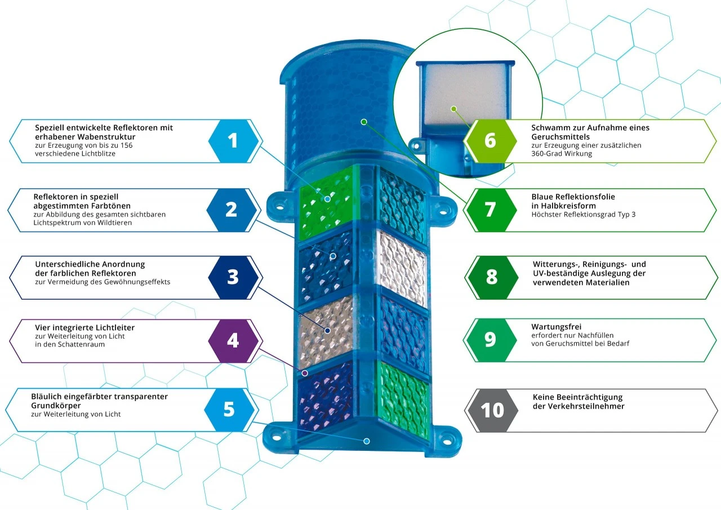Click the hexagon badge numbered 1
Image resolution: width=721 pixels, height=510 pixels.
(x=233, y=141)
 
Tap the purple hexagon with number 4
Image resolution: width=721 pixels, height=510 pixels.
(x=233, y=340)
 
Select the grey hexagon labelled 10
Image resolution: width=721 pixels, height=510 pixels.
(x=492, y=410)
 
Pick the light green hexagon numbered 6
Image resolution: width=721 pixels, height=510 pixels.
(x=491, y=141)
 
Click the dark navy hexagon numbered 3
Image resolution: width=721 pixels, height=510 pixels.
(x=233, y=277)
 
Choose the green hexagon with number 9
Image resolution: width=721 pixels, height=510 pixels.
(x=491, y=340)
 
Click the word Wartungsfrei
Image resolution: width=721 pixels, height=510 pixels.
(x=556, y=326)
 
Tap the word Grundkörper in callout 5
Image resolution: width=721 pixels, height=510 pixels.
(x=56, y=406)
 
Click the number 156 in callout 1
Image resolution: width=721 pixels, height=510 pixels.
(x=127, y=145)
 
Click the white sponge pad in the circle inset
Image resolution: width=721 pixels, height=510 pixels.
(x=465, y=94)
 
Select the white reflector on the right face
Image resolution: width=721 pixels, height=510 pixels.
(x=402, y=268)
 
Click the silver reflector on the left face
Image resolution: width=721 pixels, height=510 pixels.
(x=326, y=332)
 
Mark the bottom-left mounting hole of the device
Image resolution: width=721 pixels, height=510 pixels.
(x=277, y=437)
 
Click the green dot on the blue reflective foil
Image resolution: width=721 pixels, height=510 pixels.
(x=364, y=122)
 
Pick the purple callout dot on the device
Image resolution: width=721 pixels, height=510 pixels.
(x=305, y=373)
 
